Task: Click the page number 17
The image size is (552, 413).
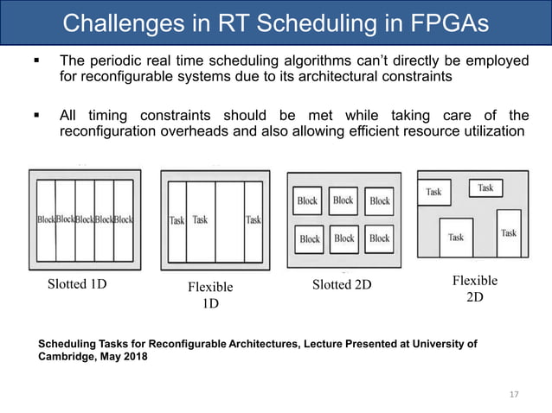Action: click(x=514, y=395)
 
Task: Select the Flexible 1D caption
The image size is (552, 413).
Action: click(x=211, y=295)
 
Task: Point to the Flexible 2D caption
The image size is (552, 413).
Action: click(x=475, y=289)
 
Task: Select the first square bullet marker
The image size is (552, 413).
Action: click(x=36, y=62)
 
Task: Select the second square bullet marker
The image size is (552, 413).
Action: click(x=36, y=116)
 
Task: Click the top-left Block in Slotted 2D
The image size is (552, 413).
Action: click(x=307, y=200)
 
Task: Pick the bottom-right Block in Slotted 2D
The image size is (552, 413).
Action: click(x=379, y=238)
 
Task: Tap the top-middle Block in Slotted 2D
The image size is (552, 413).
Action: click(x=343, y=200)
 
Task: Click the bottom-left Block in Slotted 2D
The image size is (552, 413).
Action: click(x=310, y=238)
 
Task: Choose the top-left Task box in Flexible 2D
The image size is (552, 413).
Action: click(x=435, y=193)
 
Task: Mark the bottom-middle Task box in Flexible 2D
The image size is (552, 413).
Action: click(x=456, y=237)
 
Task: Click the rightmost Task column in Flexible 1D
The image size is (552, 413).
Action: click(x=254, y=220)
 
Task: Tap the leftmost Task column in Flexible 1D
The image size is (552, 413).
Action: click(x=177, y=220)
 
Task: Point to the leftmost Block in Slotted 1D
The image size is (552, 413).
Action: click(x=46, y=219)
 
